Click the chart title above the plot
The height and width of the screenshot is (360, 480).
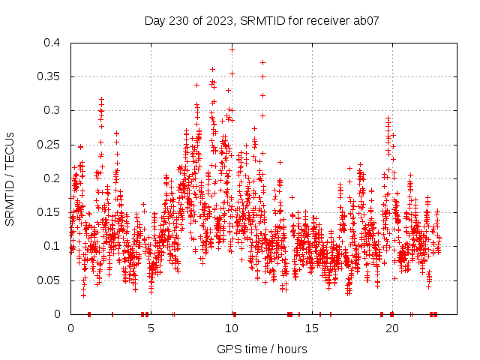(261, 21)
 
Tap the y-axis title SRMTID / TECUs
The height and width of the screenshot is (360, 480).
(10, 178)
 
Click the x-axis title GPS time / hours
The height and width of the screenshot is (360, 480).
(262, 349)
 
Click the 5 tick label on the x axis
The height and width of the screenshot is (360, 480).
(151, 328)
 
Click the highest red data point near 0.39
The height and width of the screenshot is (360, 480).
(232, 49)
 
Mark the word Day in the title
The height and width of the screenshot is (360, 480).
(154, 21)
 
